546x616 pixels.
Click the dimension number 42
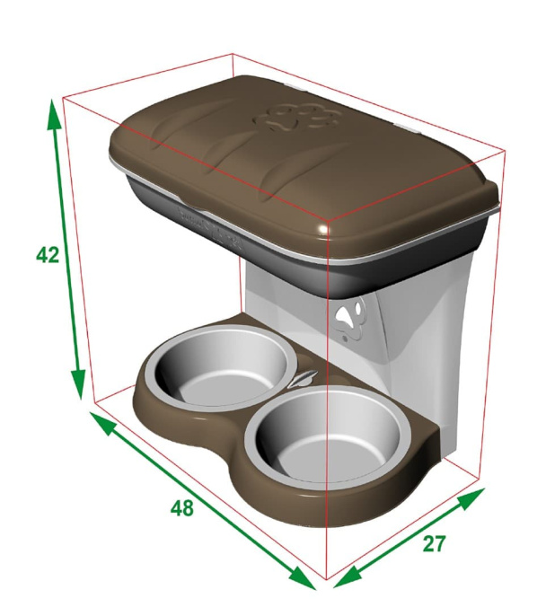(48, 255)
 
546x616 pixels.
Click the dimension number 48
(182, 508)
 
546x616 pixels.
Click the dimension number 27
(434, 544)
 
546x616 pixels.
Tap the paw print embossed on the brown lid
(297, 117)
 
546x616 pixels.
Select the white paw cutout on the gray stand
(350, 317)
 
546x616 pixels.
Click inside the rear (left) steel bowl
(220, 367)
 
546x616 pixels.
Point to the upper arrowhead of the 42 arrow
(54, 115)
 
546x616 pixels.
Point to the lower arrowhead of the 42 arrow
(78, 384)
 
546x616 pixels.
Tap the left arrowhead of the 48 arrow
(103, 421)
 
